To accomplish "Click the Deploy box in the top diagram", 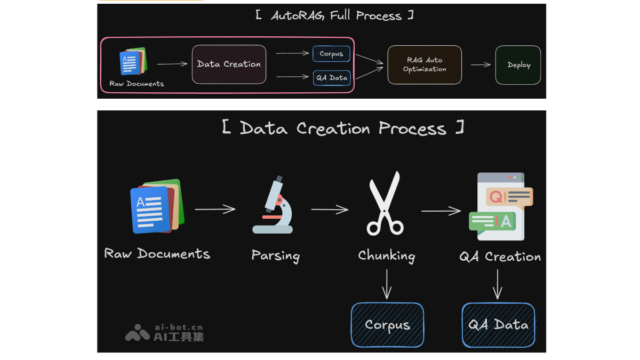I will point(518,65).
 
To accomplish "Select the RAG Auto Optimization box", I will point(425,65).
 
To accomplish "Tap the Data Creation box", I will point(229,65).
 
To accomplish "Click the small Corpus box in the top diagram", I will point(331,54).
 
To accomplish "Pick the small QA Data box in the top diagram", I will point(331,78).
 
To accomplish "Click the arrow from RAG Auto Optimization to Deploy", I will point(481,65).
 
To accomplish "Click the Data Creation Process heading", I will point(342,129).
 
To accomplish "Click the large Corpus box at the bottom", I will point(387,325).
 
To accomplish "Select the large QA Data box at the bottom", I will point(498,325).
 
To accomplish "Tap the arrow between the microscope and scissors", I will point(330,210).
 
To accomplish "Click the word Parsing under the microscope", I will point(275,255).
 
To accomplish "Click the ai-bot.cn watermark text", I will point(178,327).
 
